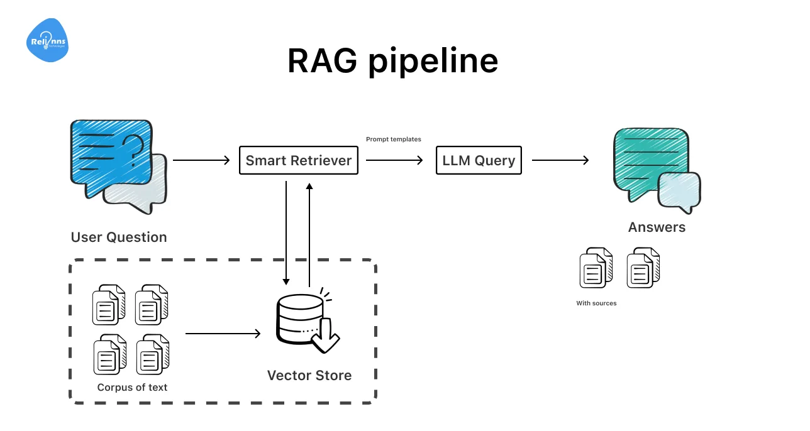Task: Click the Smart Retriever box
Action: coord(299,160)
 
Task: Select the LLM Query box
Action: coord(479,160)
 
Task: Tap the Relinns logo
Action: coord(47,41)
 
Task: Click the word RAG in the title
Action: coord(321,61)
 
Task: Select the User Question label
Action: coord(119,237)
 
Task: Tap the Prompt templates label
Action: coord(394,139)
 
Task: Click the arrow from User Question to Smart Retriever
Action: coord(201,160)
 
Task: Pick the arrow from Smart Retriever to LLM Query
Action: coord(394,160)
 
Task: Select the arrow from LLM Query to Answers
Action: coord(560,160)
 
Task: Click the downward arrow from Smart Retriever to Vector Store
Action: coord(287,232)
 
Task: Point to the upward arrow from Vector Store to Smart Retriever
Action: coord(309,232)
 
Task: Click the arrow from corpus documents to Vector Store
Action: coord(223,334)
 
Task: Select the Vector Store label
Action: coord(309,376)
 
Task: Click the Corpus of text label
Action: coord(132,388)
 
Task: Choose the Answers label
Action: coord(657,227)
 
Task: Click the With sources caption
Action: coord(596,303)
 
